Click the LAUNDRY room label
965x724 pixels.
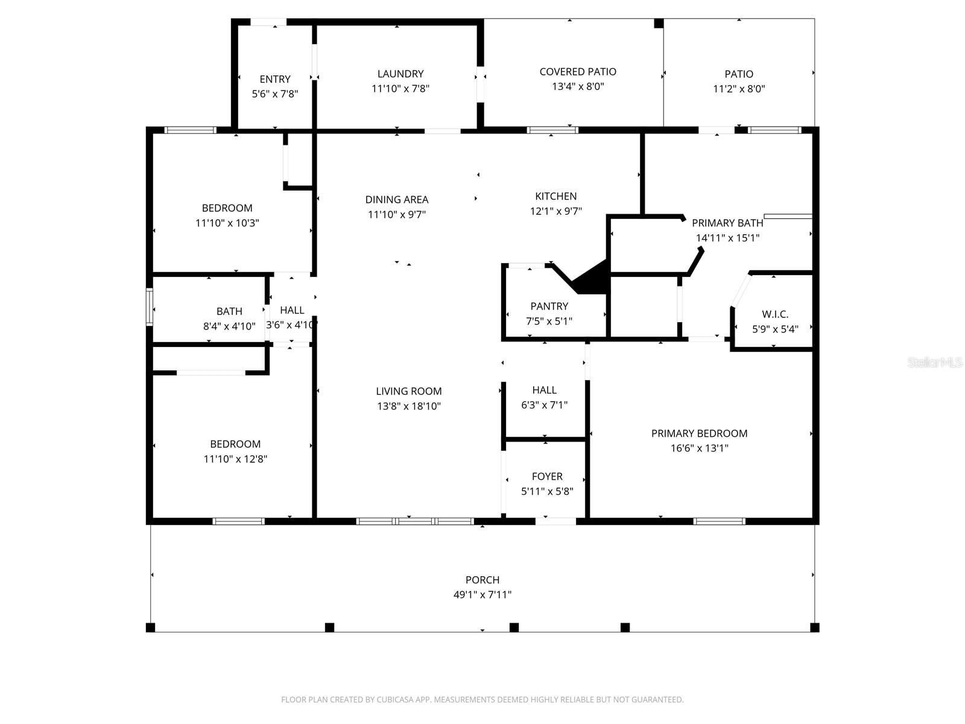click(400, 74)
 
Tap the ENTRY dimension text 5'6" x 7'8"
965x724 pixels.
click(275, 94)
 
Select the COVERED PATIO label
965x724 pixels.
click(578, 72)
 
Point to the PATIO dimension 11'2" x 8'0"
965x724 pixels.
click(739, 89)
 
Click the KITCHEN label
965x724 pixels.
click(555, 196)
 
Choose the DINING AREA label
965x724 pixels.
click(397, 200)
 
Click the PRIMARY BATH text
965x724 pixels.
click(727, 223)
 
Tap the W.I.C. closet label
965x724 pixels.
click(775, 314)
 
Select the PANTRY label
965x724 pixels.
click(549, 306)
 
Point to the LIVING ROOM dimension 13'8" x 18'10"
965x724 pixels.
click(409, 406)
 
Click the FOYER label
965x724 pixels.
click(547, 477)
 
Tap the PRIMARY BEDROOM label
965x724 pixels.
click(699, 433)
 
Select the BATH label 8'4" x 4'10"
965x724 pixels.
click(229, 311)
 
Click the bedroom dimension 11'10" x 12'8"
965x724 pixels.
click(235, 459)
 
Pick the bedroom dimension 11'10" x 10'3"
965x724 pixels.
click(227, 223)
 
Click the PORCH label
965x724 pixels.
click(482, 580)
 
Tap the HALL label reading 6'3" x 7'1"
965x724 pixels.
click(544, 390)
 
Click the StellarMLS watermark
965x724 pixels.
click(935, 363)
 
